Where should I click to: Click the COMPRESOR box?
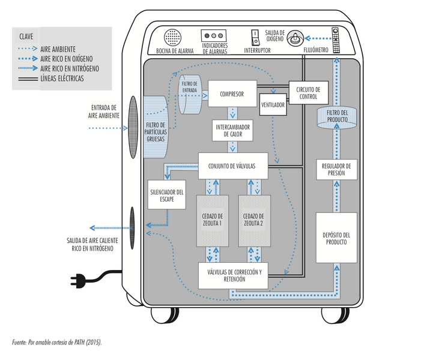click(232, 94)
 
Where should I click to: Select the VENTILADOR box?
click(273, 104)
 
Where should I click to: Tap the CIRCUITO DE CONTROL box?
click(309, 93)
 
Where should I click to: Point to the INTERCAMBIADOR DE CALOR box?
click(232, 130)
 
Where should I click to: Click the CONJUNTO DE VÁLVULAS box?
click(233, 166)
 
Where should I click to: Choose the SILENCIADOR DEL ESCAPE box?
click(167, 194)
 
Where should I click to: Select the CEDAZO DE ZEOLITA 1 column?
click(213, 221)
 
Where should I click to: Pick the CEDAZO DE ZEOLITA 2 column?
click(254, 221)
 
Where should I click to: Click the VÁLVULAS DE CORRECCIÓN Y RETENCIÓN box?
click(233, 275)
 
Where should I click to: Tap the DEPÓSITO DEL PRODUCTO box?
click(336, 238)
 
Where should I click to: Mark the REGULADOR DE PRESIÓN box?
click(337, 169)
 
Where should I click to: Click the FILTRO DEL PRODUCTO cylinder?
click(337, 117)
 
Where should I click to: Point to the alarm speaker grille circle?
click(172, 38)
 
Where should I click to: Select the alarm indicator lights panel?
click(214, 35)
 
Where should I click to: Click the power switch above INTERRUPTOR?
click(255, 38)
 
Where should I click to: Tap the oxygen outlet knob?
click(295, 38)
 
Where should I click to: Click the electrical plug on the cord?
click(78, 281)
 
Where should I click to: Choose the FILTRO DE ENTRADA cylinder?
click(190, 94)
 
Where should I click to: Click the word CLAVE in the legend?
click(26, 37)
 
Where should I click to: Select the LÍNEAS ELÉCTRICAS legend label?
click(62, 79)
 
